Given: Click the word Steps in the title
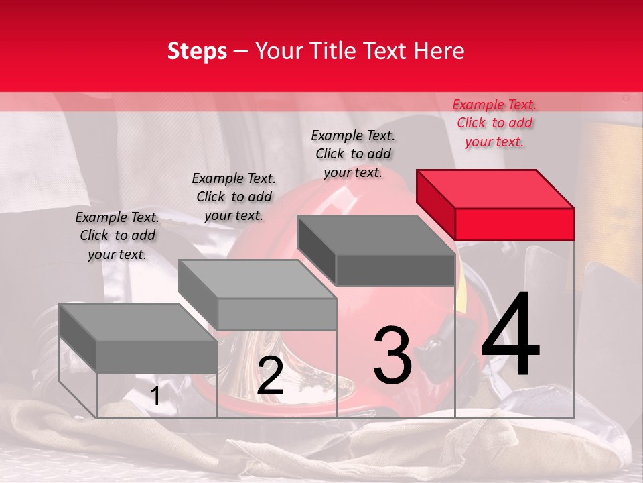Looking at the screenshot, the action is [x=197, y=52].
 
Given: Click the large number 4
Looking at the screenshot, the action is [x=510, y=333].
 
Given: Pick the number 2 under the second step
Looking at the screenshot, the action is [x=270, y=376].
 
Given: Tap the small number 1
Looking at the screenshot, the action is [x=155, y=396].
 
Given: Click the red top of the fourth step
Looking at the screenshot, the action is [x=496, y=189].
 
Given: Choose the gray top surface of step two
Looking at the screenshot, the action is [x=257, y=279].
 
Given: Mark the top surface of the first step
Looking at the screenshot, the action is [x=138, y=323].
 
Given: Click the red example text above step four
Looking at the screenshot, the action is [x=494, y=123].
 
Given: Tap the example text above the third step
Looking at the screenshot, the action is [x=353, y=154].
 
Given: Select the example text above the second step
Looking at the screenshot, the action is [x=234, y=197].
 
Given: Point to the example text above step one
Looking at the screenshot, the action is [x=117, y=235].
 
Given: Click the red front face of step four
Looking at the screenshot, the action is [x=514, y=225].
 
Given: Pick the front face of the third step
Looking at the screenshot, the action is [x=395, y=270].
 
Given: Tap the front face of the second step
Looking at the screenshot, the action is [x=277, y=315].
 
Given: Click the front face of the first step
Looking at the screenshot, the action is [x=157, y=358].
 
